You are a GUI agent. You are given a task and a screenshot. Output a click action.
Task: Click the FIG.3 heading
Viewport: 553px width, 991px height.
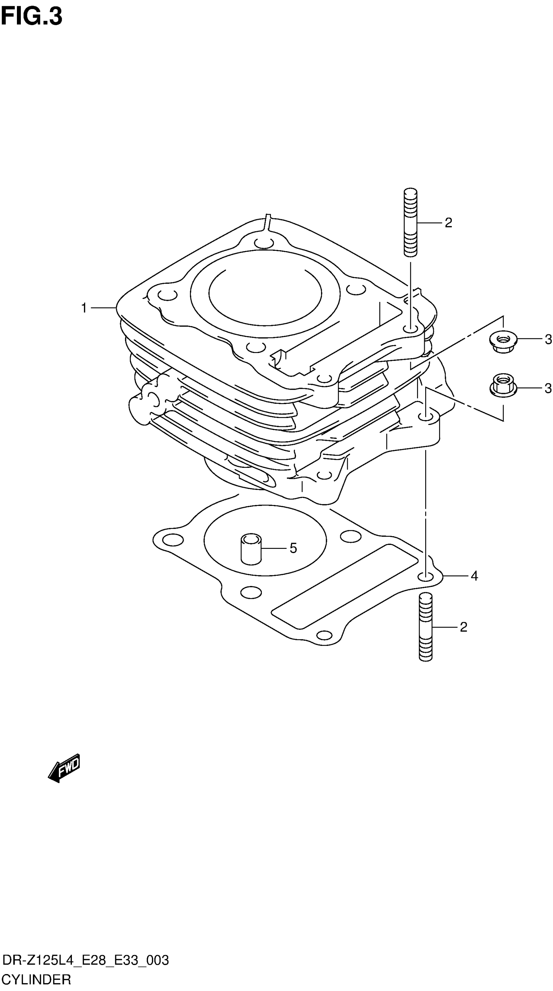[32, 17]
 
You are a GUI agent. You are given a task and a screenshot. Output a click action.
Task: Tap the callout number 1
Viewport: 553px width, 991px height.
[84, 308]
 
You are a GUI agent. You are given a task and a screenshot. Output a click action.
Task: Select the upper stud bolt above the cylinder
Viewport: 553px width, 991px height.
[410, 222]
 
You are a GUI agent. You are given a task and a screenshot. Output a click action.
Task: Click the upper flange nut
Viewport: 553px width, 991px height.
[503, 340]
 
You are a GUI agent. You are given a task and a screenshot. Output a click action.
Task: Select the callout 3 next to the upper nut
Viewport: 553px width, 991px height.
[548, 340]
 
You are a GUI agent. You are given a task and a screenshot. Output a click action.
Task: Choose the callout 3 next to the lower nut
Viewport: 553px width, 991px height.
[548, 388]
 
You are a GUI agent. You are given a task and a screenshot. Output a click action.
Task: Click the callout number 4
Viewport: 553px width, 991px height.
[474, 576]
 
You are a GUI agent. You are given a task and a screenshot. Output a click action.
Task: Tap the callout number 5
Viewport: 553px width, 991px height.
[293, 548]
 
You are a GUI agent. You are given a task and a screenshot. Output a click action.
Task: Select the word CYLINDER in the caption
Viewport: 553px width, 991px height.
[36, 979]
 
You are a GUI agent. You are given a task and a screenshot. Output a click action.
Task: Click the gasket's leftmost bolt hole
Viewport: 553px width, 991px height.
[173, 539]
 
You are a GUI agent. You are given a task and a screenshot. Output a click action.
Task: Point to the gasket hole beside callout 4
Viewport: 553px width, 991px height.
[425, 576]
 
